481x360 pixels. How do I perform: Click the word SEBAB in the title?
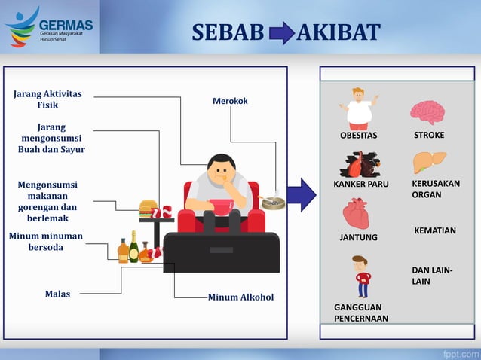(228, 32)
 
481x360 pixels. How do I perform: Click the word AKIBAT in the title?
(339, 32)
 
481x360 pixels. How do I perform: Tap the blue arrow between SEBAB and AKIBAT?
(282, 33)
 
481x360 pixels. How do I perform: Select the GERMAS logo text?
(66, 24)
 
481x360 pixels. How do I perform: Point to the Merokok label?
(230, 101)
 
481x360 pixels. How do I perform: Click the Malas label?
(57, 294)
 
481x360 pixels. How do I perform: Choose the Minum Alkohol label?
(240, 297)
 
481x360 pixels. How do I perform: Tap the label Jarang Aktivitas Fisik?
(48, 99)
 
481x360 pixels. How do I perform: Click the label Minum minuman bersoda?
(46, 242)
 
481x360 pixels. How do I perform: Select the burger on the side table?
(148, 206)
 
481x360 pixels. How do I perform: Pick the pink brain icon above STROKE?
(427, 112)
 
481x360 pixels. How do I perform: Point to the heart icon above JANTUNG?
(356, 214)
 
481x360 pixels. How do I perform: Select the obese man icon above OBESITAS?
(358, 108)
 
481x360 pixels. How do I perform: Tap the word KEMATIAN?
(435, 230)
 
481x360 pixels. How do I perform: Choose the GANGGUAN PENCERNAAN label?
(361, 313)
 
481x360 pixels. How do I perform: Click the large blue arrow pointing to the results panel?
(301, 194)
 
